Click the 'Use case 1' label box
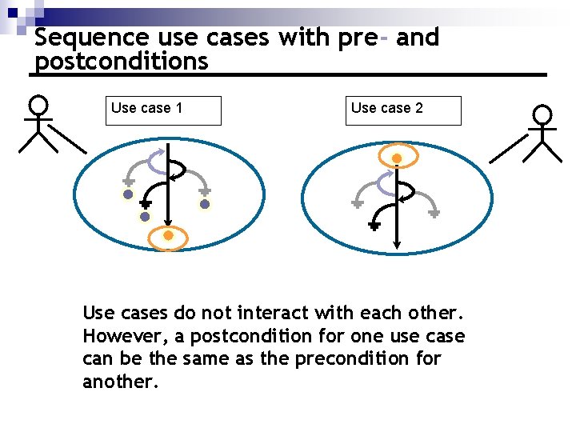click(x=163, y=110)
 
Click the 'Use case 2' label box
click(x=404, y=110)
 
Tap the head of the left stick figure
click(x=38, y=106)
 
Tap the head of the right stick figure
click(x=543, y=115)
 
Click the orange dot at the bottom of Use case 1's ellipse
click(x=168, y=235)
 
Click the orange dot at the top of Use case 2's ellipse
click(x=395, y=158)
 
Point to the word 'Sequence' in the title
click(x=92, y=38)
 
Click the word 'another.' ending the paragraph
click(x=121, y=381)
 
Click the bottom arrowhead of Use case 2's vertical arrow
click(x=398, y=243)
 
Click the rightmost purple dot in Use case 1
click(x=205, y=204)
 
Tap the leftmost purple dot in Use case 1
click(x=128, y=194)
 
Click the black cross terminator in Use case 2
click(x=374, y=226)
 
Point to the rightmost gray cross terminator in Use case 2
click(x=434, y=214)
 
